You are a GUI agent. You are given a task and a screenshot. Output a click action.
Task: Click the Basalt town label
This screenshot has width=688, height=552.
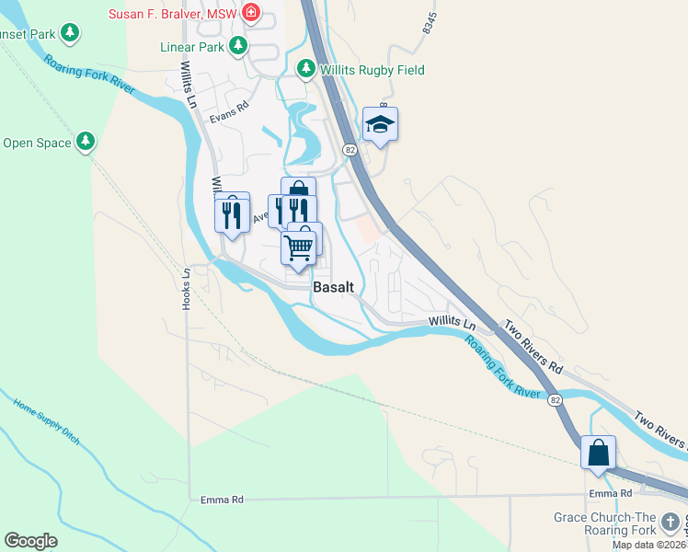[333, 287]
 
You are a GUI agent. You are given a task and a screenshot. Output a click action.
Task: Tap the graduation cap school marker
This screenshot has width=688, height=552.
[380, 124]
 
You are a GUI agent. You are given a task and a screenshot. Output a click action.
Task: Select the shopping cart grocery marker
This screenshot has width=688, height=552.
[298, 247]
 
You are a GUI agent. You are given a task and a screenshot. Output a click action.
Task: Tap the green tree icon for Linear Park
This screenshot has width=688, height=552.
[238, 44]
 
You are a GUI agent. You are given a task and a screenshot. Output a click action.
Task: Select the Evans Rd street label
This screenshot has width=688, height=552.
[229, 109]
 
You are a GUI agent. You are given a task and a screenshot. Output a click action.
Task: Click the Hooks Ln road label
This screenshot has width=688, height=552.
[186, 287]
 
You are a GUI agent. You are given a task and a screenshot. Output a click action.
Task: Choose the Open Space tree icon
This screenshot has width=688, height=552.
[86, 142]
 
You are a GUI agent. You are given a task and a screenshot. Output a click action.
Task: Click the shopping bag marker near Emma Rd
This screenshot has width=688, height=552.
[598, 453]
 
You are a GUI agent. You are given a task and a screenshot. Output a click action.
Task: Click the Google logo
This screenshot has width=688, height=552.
[31, 541]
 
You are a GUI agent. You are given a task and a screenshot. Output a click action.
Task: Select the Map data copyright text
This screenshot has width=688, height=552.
[649, 545]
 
